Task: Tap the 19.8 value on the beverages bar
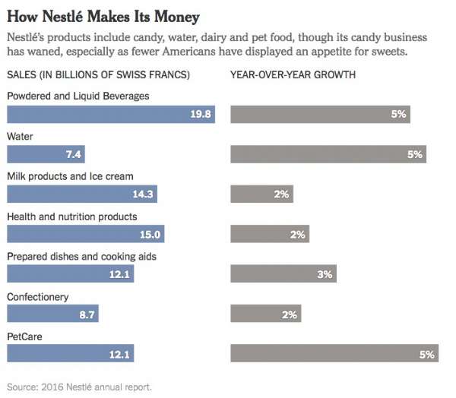pos(201,115)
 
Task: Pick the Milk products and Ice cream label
pos(70,176)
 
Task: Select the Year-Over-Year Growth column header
pos(293,75)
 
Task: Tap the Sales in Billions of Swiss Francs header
pos(98,75)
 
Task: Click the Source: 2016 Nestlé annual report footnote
pos(79,387)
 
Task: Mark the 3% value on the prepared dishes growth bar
pos(325,274)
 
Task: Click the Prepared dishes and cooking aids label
pos(81,256)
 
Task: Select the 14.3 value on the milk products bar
pos(143,194)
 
